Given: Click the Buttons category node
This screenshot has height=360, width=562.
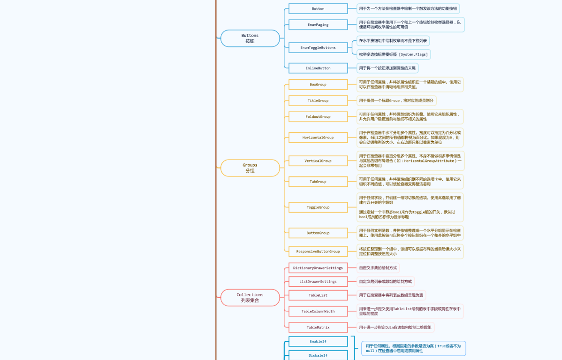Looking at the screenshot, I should [x=250, y=38].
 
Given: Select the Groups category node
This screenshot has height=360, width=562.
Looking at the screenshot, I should [x=250, y=168].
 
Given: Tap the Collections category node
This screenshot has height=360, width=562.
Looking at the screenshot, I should [x=250, y=298].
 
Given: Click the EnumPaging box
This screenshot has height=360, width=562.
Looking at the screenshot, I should [x=318, y=25].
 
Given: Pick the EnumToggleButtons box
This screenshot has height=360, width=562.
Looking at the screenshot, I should [x=318, y=47].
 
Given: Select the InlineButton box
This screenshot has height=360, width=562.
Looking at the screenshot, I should [x=318, y=68].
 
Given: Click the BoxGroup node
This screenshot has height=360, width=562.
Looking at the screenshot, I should [x=318, y=84].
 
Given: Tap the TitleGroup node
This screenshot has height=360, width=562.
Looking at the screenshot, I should [x=318, y=100].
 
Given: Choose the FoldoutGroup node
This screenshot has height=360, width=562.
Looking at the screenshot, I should [x=318, y=116].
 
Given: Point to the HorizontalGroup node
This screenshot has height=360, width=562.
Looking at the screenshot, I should [x=318, y=138].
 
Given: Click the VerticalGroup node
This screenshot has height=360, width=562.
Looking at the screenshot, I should [x=318, y=161].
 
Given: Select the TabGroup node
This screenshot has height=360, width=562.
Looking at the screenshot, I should [x=318, y=182].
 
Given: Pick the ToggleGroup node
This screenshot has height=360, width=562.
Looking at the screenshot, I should [x=318, y=207].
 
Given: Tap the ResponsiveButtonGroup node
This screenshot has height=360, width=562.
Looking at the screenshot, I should [x=318, y=252].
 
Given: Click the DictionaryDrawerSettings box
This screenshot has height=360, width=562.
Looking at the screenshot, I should [x=318, y=268].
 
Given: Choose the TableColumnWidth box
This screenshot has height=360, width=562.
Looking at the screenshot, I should [x=318, y=311].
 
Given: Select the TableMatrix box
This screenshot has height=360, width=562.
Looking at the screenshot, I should [x=318, y=327].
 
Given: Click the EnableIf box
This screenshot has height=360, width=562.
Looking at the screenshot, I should [x=318, y=341].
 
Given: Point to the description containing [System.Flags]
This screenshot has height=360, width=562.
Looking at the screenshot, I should [x=393, y=54].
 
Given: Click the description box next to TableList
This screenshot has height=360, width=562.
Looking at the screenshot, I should [x=391, y=295].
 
